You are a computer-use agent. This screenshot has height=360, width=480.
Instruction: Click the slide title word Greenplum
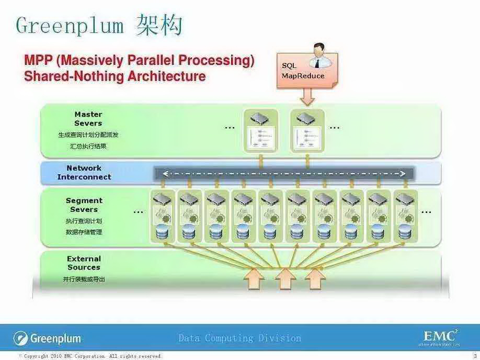click(70, 25)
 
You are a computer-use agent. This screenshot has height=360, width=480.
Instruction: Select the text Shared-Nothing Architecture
click(115, 76)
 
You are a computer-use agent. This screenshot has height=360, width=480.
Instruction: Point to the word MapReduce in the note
click(303, 76)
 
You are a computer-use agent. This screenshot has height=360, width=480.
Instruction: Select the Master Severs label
click(88, 119)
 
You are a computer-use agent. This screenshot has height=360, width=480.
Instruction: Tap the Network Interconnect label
click(84, 173)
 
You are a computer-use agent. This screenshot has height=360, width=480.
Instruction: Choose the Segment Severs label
click(84, 205)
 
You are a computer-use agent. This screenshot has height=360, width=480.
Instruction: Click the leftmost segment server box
click(162, 216)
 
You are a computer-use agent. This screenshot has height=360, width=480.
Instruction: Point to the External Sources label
click(84, 263)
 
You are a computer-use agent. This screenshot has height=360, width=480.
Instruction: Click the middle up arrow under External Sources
click(285, 278)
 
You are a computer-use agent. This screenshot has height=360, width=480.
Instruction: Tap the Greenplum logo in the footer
click(48, 338)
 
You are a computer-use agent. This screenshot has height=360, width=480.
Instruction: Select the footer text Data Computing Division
click(239, 338)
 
